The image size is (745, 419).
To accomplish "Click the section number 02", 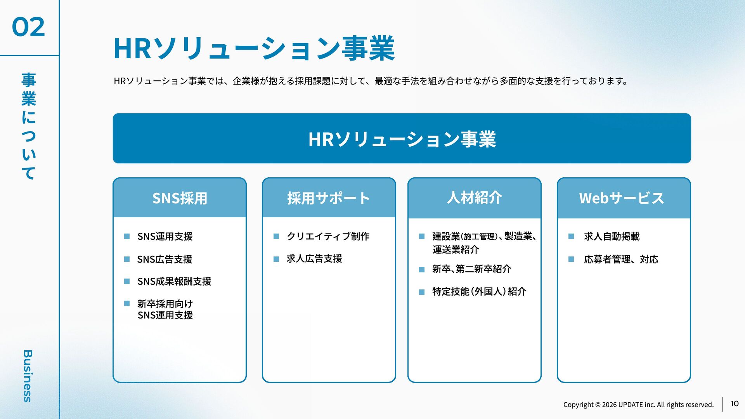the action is [x=28, y=27].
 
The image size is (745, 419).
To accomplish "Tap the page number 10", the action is [x=734, y=403].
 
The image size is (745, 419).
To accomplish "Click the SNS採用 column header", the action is [x=180, y=198].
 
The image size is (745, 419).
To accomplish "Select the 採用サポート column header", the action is [x=329, y=198].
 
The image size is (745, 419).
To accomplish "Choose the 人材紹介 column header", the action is [x=474, y=197].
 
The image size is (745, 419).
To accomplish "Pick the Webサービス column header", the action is [x=622, y=198].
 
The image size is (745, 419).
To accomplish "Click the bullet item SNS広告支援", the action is [x=165, y=259].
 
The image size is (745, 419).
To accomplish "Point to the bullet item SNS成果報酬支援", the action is [x=174, y=281].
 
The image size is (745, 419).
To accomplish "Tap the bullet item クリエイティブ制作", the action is [x=328, y=236].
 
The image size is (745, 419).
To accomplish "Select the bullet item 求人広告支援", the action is [x=314, y=259].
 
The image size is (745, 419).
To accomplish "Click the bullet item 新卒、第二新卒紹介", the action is [x=471, y=269].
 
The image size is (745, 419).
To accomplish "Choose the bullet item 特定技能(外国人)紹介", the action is [x=479, y=291].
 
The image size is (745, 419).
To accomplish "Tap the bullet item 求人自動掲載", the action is [x=612, y=236].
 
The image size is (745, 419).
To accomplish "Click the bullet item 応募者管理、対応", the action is [x=621, y=259].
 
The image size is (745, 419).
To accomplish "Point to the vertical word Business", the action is [x=28, y=376].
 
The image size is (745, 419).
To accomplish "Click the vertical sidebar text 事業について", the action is [x=29, y=126].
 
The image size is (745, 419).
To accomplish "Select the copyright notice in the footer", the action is [x=638, y=405].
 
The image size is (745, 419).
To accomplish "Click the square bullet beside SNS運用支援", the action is [x=127, y=236].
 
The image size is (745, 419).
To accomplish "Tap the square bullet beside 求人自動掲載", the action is [x=571, y=236].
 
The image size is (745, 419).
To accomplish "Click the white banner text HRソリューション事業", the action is [x=402, y=139].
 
